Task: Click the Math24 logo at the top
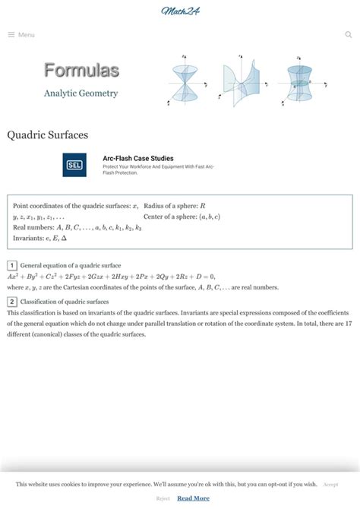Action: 180,11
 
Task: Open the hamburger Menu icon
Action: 11,35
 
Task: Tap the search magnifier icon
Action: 349,35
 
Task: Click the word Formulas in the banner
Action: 81,71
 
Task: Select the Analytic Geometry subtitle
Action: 81,93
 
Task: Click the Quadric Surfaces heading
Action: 48,134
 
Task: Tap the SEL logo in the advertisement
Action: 74,165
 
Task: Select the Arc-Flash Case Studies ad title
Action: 138,158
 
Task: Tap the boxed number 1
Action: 12,265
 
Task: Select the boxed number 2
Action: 12,302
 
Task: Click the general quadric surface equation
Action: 111,277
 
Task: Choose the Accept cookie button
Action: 331,484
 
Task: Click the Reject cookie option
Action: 163,498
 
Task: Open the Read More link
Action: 193,498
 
